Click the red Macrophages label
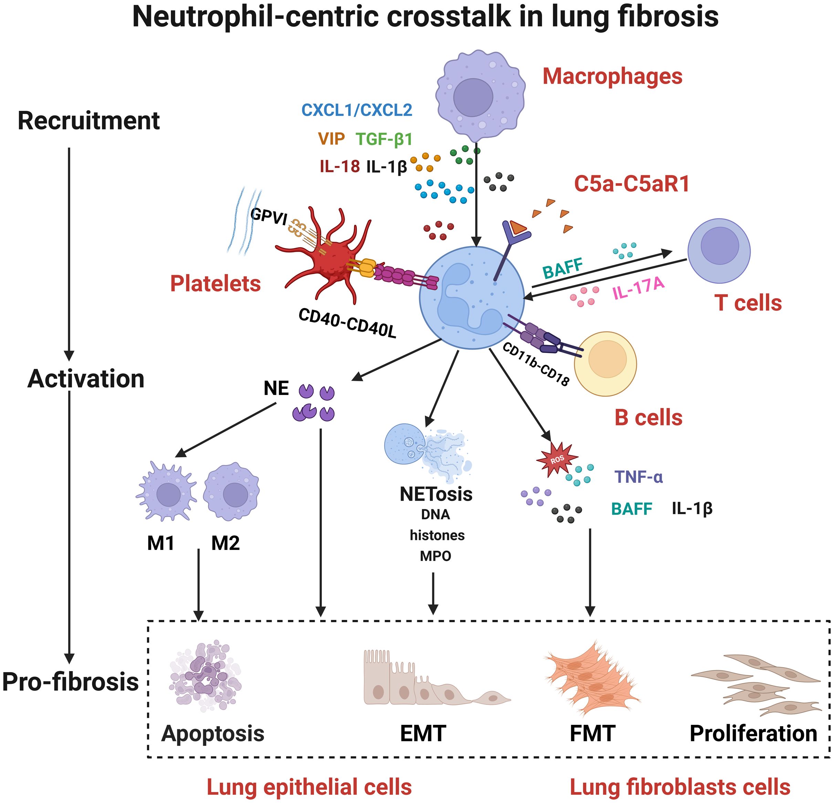pyautogui.click(x=612, y=76)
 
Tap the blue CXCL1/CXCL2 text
pyautogui.click(x=357, y=110)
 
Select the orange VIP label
pyautogui.click(x=331, y=139)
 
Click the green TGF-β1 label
pyautogui.click(x=384, y=139)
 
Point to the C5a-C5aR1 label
pyautogui.click(x=632, y=184)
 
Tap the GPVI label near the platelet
pyautogui.click(x=269, y=217)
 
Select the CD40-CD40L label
pyautogui.click(x=347, y=323)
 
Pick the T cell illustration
pyautogui.click(x=719, y=251)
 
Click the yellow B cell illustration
pyautogui.click(x=605, y=364)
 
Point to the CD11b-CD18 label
pyautogui.click(x=535, y=364)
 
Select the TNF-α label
pyautogui.click(x=638, y=477)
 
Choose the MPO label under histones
pyautogui.click(x=435, y=556)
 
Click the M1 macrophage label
pyautogui.click(x=161, y=543)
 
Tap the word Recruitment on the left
pyautogui.click(x=88, y=121)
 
